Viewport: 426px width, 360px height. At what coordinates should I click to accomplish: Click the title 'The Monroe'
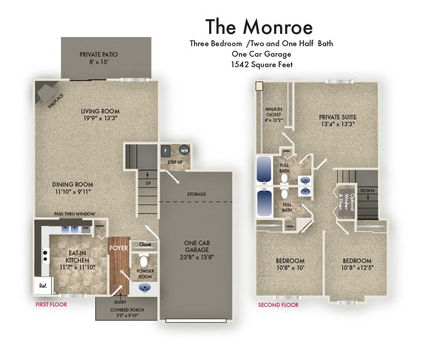coord(259,27)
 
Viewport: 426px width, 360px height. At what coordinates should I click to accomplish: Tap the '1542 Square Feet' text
coord(261,64)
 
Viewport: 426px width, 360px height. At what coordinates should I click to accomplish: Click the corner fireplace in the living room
coord(47,94)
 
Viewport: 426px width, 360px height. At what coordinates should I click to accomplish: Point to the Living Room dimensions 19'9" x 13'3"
coord(100,118)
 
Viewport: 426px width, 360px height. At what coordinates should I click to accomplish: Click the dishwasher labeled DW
coord(86,228)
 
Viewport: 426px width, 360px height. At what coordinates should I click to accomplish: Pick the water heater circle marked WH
coord(184,150)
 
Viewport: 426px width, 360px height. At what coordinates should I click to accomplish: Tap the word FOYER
coord(119,248)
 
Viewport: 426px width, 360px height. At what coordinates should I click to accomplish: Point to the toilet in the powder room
coord(144,261)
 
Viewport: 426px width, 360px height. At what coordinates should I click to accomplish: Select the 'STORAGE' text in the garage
coord(196,194)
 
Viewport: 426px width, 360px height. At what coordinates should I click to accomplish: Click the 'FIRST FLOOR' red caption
coord(51,304)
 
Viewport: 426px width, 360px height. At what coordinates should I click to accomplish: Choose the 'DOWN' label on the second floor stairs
coord(367,190)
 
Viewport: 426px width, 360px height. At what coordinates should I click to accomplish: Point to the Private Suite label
coord(337,118)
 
